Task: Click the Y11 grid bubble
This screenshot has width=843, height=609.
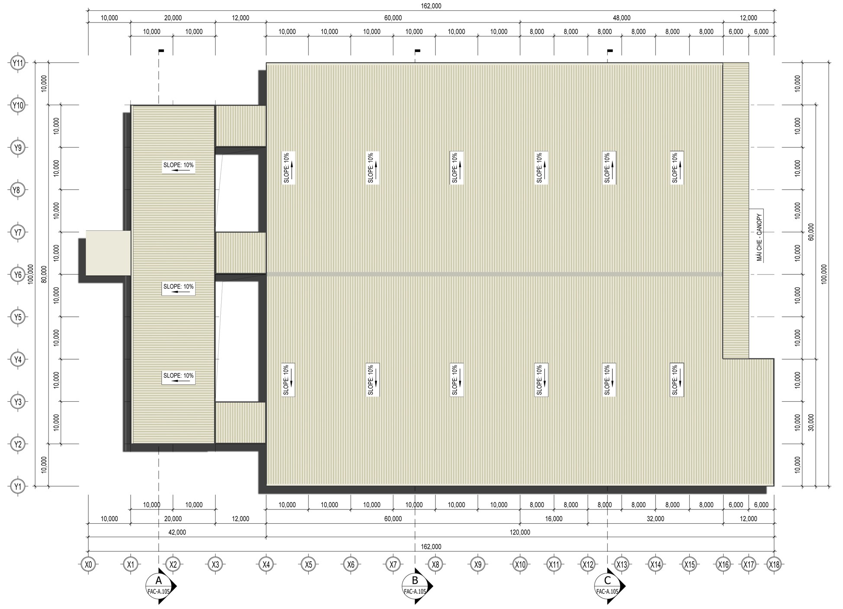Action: pos(17,63)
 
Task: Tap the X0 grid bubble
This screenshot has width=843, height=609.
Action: pos(89,564)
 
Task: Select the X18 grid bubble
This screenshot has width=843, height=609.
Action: pos(774,564)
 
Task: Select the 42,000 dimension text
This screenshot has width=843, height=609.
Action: pos(177,532)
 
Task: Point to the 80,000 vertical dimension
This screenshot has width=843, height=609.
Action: pos(44,274)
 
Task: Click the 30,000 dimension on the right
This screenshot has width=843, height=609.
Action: pos(811,422)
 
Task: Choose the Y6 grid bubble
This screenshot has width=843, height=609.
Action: pos(17,275)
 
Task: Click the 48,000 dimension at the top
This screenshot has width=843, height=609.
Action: pos(621,18)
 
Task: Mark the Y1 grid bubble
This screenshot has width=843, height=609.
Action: pos(17,487)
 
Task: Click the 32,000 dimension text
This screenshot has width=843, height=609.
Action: pos(655,519)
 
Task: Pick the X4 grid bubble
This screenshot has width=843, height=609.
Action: pos(266,564)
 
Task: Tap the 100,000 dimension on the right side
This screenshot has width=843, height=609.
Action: pos(824,274)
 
